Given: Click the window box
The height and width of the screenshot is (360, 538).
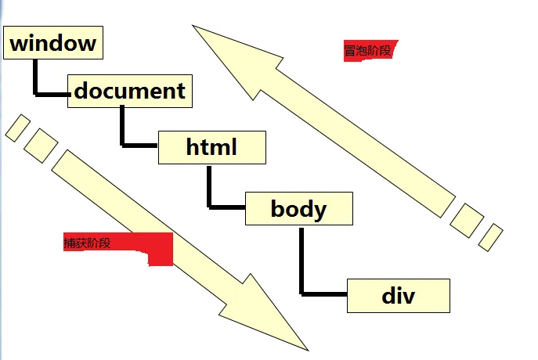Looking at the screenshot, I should pyautogui.click(x=53, y=42).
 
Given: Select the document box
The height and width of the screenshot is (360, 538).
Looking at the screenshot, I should pyautogui.click(x=130, y=91).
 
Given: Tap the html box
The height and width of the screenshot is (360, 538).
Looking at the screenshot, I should pyautogui.click(x=211, y=147).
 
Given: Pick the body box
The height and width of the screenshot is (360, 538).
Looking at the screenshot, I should pyautogui.click(x=298, y=209).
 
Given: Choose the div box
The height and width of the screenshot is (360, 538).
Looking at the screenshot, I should pyautogui.click(x=398, y=296).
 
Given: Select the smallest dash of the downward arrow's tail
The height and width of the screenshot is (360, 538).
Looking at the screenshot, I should pyautogui.click(x=17, y=128).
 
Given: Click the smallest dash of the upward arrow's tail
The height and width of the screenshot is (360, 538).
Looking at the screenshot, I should pyautogui.click(x=490, y=236).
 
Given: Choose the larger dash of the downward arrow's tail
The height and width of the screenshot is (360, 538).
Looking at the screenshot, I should pyautogui.click(x=41, y=146).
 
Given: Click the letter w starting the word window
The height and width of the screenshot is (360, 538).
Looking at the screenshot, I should pyautogui.click(x=19, y=43).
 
